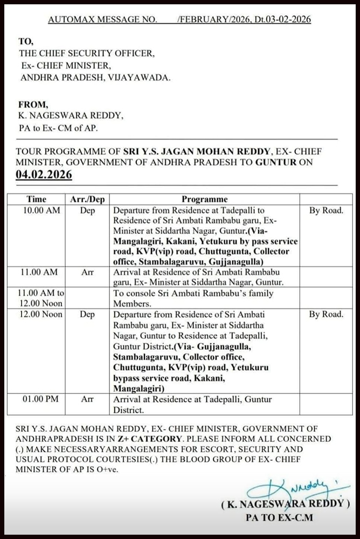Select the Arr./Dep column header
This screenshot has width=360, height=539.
pos(87,199)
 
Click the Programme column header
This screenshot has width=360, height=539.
pos(204,199)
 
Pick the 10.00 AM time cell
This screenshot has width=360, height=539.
pos(41,210)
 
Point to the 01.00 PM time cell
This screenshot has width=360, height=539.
pos(41,399)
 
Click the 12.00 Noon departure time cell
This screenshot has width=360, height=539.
pos(41,314)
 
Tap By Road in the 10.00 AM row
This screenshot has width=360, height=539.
pos(326,210)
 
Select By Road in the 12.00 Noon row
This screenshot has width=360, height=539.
pos(326,314)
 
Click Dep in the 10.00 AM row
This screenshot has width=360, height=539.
pos(87,210)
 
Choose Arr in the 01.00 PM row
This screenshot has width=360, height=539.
pos(87,399)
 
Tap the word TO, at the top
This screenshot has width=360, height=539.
pos(26,41)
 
